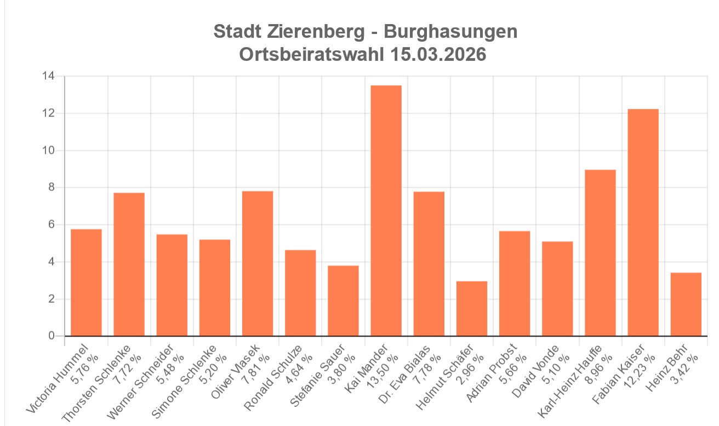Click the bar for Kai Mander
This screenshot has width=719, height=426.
tap(386, 211)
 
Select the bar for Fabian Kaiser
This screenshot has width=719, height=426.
tap(643, 222)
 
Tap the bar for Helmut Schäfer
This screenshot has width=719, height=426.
tap(472, 308)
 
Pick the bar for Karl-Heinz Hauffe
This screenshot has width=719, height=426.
tap(600, 252)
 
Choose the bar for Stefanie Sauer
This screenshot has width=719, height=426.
tap(344, 301)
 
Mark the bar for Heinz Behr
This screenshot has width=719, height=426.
tap(686, 304)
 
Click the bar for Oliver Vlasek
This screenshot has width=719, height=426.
tap(258, 263)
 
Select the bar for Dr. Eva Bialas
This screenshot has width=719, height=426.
tap(429, 263)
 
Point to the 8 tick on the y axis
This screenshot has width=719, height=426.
tap(51, 188)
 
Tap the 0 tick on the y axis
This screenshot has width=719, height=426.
tap(51, 336)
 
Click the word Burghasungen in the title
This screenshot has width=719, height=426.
tap(450, 32)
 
